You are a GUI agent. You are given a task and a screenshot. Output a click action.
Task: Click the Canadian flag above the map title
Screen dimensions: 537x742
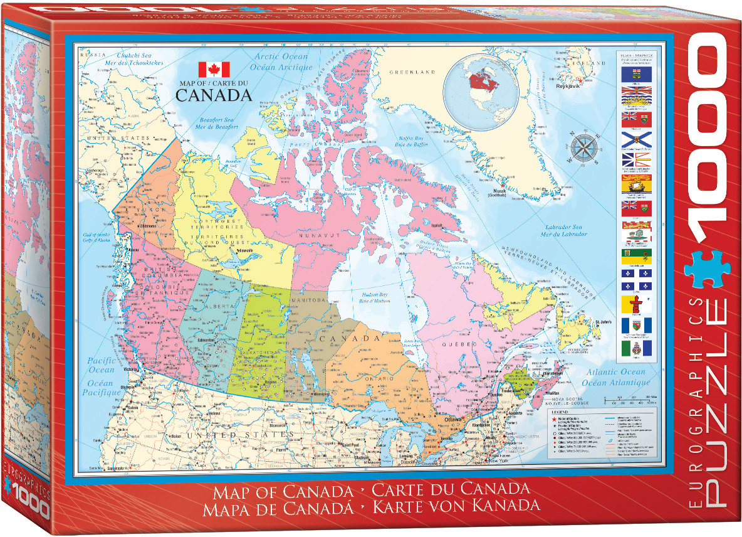click(x=214, y=70)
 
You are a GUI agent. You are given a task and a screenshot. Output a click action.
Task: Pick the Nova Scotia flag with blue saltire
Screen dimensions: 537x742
click(x=636, y=139)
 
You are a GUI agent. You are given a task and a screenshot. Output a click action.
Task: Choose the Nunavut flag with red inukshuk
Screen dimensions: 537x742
click(x=636, y=304)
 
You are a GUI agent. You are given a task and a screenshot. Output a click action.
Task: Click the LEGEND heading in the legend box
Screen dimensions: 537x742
click(x=558, y=412)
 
